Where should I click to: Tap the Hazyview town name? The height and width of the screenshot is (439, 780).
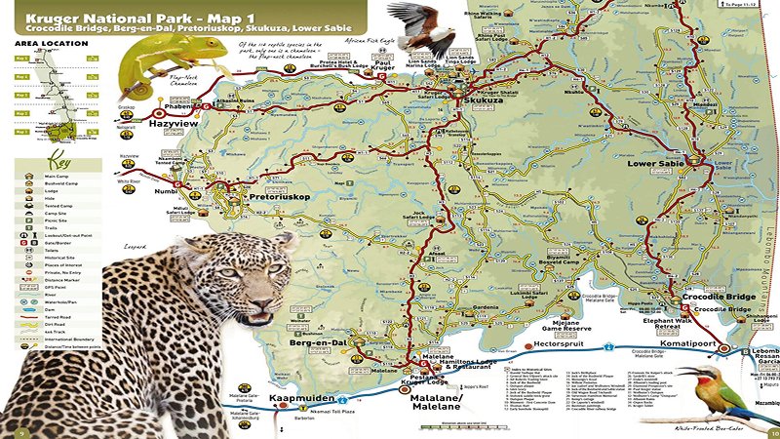[174, 125]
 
